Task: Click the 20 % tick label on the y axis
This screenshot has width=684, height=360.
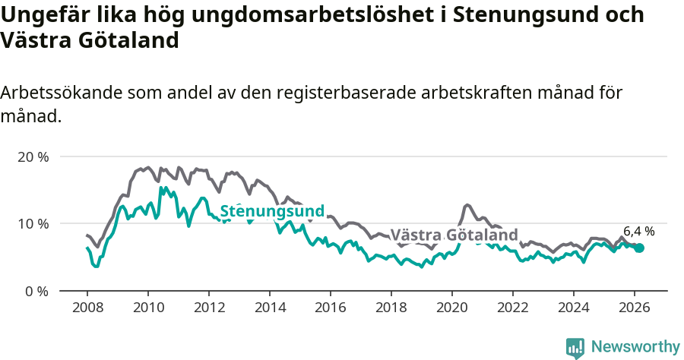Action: point(32,156)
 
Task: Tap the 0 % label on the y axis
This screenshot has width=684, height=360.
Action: point(36,291)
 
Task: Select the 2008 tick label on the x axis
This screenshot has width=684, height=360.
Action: point(87,308)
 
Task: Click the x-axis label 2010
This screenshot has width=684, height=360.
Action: point(147,308)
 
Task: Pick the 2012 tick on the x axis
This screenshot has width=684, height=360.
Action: point(208,308)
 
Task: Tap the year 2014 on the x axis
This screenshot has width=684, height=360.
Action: point(269,308)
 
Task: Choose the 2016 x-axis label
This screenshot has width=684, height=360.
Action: point(330,308)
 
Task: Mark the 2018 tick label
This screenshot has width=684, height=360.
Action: point(391,308)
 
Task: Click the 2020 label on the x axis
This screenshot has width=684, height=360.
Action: point(451,308)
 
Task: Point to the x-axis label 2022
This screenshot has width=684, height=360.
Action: point(512,308)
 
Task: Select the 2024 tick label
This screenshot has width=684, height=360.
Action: point(573,308)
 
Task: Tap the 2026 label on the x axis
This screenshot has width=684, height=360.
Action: point(634,308)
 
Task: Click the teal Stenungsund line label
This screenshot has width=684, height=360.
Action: point(272,211)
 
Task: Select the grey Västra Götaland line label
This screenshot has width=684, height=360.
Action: point(454,235)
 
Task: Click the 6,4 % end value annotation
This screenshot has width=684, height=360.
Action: point(638,232)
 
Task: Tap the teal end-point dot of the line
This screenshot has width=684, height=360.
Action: point(639,248)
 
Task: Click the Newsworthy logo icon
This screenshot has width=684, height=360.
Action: point(575,348)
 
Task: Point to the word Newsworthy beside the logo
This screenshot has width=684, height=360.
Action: point(635,347)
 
